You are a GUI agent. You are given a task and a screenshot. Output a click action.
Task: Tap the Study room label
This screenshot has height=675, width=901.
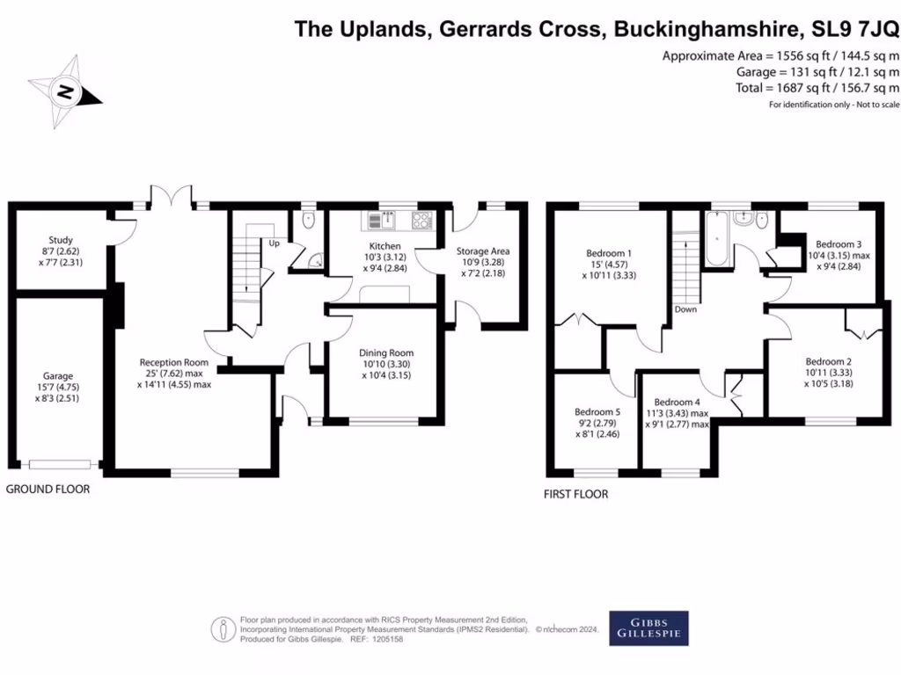(61, 240)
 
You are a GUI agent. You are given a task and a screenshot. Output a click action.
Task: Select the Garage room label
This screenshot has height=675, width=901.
(59, 376)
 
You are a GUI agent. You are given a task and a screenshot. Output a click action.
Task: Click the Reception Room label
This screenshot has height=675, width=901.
(173, 362)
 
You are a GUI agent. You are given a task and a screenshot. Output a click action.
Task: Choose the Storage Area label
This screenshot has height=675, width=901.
(482, 251)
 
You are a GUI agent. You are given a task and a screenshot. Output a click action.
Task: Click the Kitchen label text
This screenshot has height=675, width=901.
(385, 246)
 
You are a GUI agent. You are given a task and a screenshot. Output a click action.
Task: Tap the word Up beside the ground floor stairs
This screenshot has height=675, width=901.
(275, 243)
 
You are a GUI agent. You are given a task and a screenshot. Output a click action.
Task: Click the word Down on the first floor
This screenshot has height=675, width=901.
(685, 309)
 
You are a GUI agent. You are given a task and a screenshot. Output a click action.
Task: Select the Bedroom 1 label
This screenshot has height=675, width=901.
(609, 254)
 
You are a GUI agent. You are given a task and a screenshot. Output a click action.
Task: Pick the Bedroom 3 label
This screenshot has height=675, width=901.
(838, 244)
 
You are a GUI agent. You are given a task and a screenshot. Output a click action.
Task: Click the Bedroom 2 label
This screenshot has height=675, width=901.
(828, 361)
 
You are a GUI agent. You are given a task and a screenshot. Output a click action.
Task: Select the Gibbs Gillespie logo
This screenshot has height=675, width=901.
(648, 628)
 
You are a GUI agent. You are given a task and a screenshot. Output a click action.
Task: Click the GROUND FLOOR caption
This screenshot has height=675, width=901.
(48, 490)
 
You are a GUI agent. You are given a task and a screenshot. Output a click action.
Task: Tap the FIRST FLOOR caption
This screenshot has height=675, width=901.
(575, 494)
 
